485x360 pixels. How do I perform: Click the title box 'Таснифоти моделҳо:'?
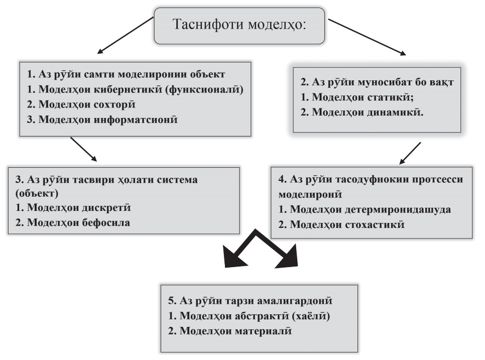(239, 26)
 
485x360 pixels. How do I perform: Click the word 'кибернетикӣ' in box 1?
(128, 89)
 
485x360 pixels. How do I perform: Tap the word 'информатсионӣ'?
(136, 119)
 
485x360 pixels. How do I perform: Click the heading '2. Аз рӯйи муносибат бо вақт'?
(377, 82)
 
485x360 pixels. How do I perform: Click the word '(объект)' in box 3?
(37, 193)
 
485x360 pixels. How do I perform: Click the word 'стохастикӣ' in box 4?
(375, 224)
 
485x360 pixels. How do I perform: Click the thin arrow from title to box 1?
(126, 35)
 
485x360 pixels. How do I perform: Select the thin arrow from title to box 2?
(367, 37)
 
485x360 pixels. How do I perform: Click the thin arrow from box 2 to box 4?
(410, 154)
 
